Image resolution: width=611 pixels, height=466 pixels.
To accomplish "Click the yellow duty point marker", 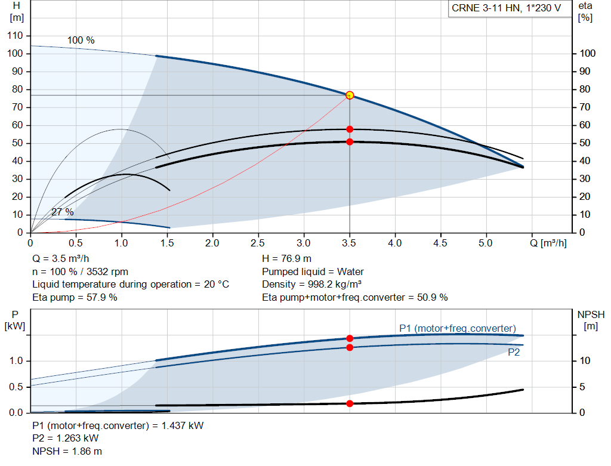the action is coord(350,95).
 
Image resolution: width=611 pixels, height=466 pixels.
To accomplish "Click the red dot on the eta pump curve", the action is coord(350,129).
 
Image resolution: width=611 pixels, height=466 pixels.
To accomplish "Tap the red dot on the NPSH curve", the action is coord(350,404).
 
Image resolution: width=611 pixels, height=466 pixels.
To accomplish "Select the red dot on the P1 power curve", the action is coord(350,338).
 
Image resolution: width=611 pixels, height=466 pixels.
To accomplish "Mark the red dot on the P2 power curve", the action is coord(350,347).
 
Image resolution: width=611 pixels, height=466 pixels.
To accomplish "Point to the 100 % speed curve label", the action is coord(81,40).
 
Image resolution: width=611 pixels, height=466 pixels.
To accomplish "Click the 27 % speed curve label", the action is coord(62,212).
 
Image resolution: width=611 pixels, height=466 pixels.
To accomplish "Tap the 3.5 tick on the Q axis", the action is coord(348,243).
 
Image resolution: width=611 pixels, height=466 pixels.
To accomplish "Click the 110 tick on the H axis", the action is coord(15,35).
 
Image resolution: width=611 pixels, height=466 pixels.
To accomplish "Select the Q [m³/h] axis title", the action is coord(548,243).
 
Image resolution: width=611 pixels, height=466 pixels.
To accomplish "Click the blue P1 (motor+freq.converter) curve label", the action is coord(458,328).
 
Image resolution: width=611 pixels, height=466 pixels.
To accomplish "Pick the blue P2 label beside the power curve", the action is coord(514,352).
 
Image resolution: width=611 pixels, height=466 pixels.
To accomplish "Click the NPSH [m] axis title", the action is coord(591,320).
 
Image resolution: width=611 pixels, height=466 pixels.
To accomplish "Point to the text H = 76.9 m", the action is coord(286,258).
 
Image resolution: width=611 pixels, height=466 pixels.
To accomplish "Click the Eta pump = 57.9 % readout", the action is coord(75,297).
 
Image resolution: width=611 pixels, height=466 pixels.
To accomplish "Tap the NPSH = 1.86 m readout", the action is coord(67,451).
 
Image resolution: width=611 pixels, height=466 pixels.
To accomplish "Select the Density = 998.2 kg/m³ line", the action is coord(311,285).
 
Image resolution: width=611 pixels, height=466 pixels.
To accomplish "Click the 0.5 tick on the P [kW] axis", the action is coord(16,387).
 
